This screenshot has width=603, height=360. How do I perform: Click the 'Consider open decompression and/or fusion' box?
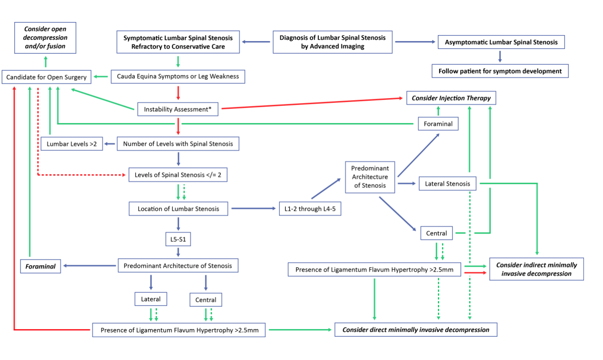point(45,38)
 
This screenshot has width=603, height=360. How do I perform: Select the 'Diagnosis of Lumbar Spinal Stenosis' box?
point(332,42)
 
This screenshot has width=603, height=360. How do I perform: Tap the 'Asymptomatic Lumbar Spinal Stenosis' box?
point(501,42)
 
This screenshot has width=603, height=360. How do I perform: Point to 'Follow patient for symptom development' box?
point(500,71)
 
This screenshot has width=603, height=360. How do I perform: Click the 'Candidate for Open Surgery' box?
point(46,77)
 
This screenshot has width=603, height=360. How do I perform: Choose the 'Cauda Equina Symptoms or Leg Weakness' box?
point(178,77)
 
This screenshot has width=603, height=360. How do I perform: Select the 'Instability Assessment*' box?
point(178,109)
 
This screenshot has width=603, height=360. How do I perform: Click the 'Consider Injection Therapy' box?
point(451,98)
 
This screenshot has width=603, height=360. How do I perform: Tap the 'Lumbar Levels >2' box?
point(72,144)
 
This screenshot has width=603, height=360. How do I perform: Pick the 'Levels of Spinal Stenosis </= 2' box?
point(178,175)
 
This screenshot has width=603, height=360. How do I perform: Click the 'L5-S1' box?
point(178,239)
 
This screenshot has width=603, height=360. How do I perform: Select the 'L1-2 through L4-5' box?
point(310,209)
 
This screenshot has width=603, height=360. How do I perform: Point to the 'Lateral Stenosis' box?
point(448,184)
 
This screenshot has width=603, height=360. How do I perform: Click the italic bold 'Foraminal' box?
point(40,266)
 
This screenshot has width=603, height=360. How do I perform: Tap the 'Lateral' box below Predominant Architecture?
point(151,299)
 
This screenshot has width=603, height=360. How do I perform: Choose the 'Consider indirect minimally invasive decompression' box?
point(536,269)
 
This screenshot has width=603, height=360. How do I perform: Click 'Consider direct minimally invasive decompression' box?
point(416,330)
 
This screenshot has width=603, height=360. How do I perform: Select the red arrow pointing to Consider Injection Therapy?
point(312,103)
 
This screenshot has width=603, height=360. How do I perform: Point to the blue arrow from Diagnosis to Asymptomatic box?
point(415,42)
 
